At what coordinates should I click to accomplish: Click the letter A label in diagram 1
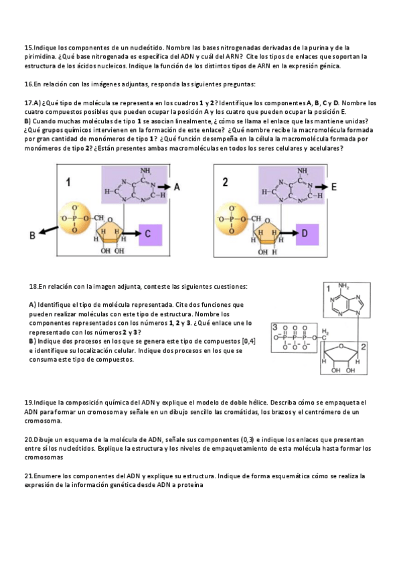pyautogui.click(x=177, y=187)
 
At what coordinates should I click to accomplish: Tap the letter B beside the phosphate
pyautogui.click(x=32, y=236)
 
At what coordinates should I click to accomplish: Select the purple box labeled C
pyautogui.click(x=150, y=234)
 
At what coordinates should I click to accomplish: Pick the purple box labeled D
pyautogui.click(x=307, y=234)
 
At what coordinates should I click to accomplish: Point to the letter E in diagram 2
pyautogui.click(x=334, y=187)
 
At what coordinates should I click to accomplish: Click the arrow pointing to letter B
pyautogui.click(x=48, y=230)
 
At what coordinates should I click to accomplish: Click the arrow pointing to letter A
pyautogui.click(x=163, y=187)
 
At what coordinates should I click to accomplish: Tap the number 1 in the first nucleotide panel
pyautogui.click(x=68, y=182)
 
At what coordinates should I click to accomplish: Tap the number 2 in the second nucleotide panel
pyautogui.click(x=225, y=182)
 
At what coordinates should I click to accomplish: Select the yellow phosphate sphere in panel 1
pyautogui.click(x=75, y=219)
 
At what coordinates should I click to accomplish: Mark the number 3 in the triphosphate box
pyautogui.click(x=275, y=327)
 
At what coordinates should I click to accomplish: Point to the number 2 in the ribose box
pyautogui.click(x=364, y=348)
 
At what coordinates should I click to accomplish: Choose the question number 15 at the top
pyautogui.click(x=28, y=48)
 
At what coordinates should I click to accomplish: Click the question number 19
pyautogui.click(x=28, y=403)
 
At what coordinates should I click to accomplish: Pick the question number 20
pyautogui.click(x=28, y=440)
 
